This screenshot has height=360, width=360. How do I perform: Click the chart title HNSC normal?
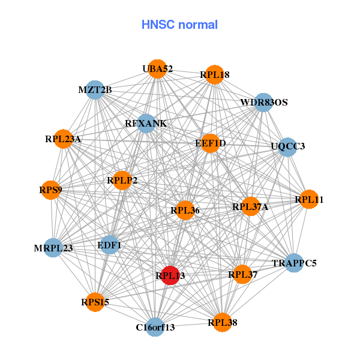[x=179, y=25]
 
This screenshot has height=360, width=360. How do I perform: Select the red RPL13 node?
[x=170, y=275]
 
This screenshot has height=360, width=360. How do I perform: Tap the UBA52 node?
[x=157, y=69]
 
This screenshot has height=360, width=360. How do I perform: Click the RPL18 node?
[x=214, y=75]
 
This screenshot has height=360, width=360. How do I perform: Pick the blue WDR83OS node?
[x=264, y=103]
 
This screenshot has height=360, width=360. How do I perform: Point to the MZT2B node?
[x=95, y=90]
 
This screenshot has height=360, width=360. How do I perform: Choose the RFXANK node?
[x=146, y=124]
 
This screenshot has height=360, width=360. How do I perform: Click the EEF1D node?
[x=210, y=143]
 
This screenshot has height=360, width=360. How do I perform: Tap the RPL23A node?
[x=63, y=139]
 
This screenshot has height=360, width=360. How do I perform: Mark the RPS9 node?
[x=51, y=190]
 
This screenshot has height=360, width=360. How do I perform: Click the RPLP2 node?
[x=122, y=180]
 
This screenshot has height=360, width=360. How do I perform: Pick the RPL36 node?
[x=185, y=210]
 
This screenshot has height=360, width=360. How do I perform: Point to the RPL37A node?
[x=250, y=207]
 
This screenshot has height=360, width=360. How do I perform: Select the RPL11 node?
[x=309, y=199]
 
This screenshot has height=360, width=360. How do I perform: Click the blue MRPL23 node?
[x=53, y=248]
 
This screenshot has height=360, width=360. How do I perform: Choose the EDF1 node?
[x=109, y=245]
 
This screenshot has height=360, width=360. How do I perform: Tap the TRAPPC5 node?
[x=293, y=263]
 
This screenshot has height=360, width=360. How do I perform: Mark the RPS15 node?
[x=95, y=302]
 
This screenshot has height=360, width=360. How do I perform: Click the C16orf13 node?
[x=155, y=327]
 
